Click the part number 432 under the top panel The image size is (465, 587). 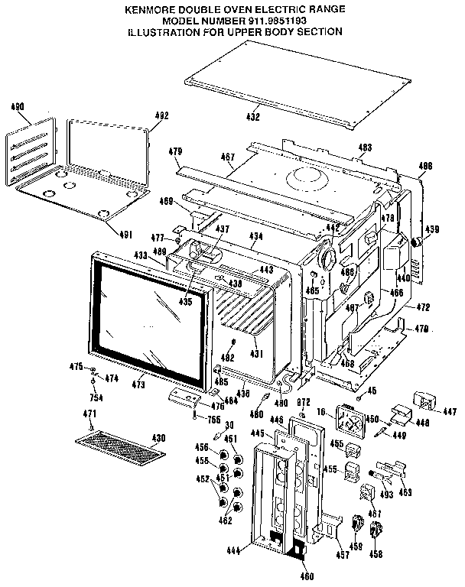pos(253,117)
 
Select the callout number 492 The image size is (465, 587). pos(161,115)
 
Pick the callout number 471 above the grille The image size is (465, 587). pos(90,413)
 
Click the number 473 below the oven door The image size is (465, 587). pos(138,384)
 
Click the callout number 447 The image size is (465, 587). pos(449,410)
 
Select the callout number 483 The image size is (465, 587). pos(366,147)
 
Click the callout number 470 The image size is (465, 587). pos(421,329)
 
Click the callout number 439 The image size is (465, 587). pos(432,229)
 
